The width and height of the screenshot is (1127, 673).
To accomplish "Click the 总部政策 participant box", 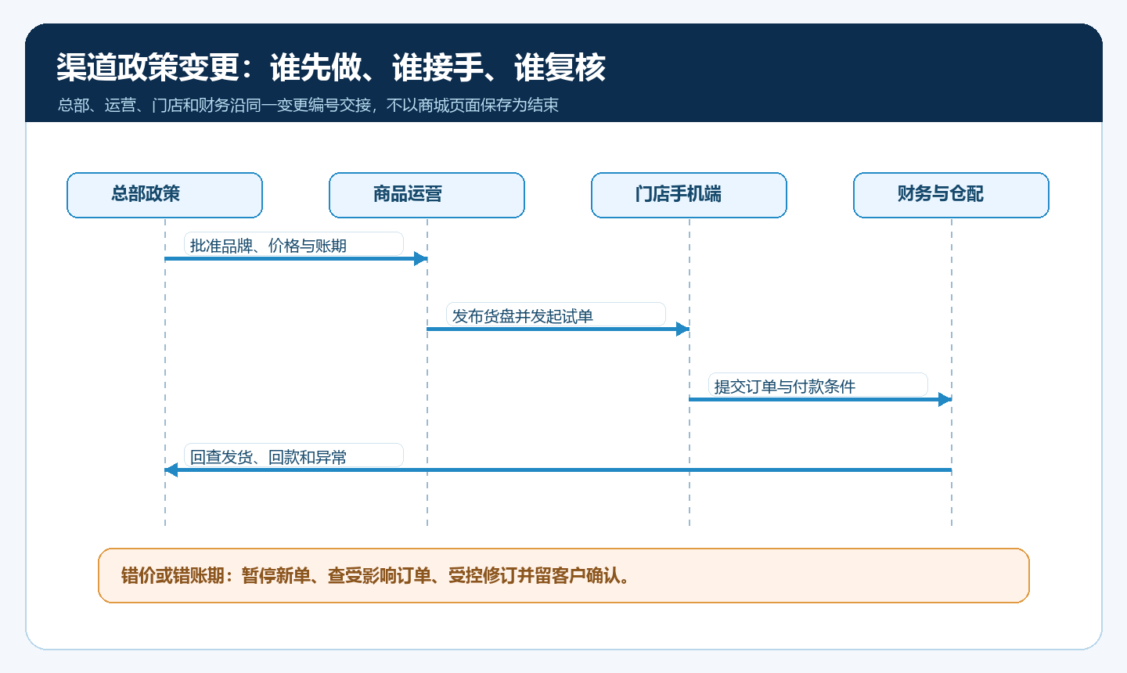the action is tap(164, 195).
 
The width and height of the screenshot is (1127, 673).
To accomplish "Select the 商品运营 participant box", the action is tap(427, 195).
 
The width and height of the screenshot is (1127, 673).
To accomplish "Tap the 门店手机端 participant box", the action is tap(689, 195).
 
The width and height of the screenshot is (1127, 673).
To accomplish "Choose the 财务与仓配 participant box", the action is tap(951, 195).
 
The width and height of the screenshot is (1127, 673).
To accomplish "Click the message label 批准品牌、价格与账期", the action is tap(268, 246).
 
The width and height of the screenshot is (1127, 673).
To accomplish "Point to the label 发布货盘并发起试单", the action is tap(522, 316).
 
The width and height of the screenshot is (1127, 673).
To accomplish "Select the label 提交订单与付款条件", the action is tap(784, 387).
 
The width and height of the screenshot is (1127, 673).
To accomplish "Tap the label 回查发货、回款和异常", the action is tap(268, 457).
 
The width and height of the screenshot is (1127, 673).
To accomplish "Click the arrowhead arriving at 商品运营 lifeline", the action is tap(421, 259).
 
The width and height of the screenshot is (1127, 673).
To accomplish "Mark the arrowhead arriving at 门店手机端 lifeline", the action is tap(683, 329).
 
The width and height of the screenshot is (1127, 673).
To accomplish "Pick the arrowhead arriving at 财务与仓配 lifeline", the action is tap(945, 400).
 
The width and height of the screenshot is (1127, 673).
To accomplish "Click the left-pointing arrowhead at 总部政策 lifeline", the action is tap(171, 470).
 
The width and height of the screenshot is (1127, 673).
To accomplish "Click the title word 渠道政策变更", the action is tap(147, 67).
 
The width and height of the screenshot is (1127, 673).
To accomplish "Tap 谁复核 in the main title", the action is tap(560, 67).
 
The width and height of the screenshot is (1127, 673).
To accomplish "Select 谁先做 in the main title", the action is tap(316, 67).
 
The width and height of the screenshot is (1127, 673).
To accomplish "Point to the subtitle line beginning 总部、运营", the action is tap(308, 105).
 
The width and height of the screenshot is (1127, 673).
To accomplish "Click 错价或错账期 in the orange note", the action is tap(172, 575).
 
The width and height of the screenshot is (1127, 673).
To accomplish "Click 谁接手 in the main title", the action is tap(437, 67).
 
